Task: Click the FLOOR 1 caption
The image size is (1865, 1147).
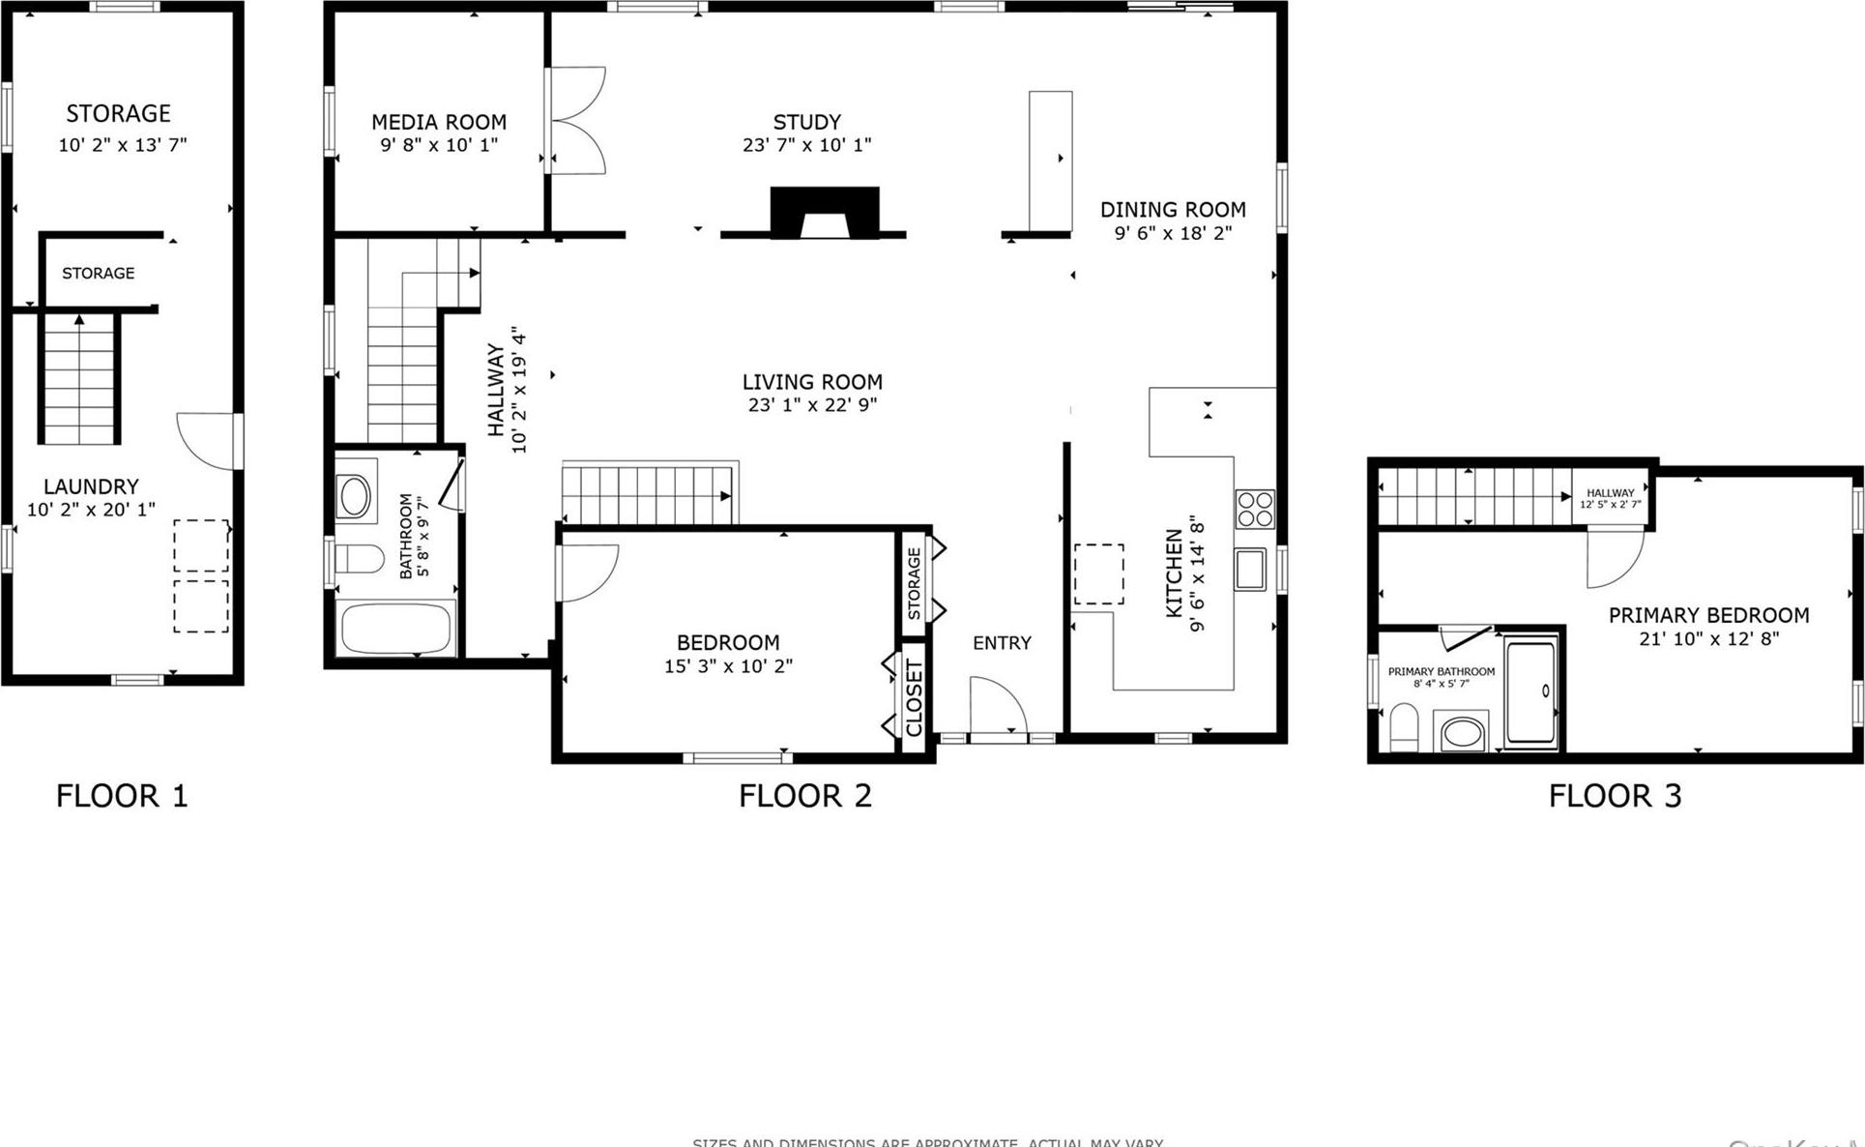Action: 122,796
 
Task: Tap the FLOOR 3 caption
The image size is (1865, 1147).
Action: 1615,796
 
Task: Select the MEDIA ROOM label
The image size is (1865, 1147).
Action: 439,122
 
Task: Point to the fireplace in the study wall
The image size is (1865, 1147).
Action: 824,214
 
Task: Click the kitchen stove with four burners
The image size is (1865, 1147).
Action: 1255,510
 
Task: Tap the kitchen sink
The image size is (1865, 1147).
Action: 1249,570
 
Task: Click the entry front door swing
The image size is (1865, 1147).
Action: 996,705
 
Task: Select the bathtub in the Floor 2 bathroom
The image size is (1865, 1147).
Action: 396,629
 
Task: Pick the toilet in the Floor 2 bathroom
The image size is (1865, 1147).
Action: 360,559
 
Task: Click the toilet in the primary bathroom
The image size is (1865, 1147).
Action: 1403,726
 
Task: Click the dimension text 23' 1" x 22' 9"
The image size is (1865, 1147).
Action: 812,405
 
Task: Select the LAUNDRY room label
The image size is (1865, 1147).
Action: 91,486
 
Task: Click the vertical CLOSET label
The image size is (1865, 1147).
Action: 915,697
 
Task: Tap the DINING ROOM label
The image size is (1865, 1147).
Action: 1173,210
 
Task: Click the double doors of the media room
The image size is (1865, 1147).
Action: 576,120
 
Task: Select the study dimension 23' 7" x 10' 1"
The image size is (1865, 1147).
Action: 806,145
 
